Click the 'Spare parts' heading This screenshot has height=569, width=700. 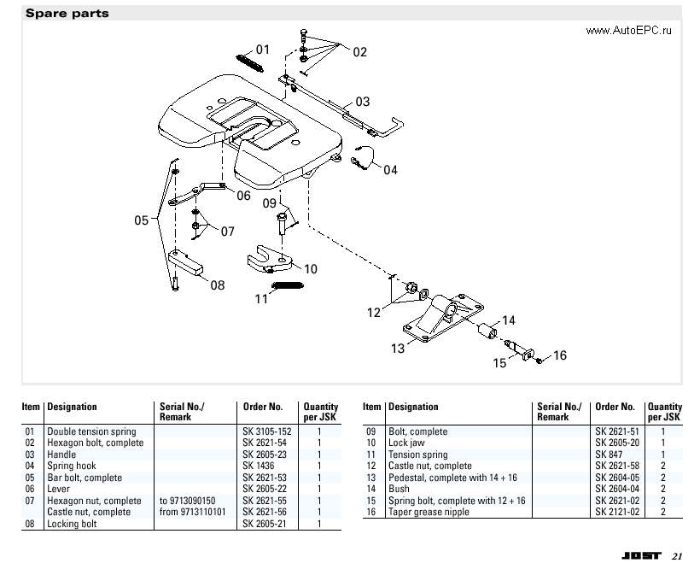[x=67, y=13]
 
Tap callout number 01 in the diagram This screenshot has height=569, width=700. [x=263, y=50]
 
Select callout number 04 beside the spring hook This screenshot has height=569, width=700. [x=389, y=170]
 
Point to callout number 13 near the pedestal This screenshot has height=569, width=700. [x=398, y=348]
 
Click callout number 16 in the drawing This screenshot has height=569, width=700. [x=560, y=355]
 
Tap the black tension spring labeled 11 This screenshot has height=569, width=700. [x=288, y=285]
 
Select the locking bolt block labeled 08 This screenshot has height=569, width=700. [x=189, y=261]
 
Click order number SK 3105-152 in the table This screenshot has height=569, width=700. [x=266, y=431]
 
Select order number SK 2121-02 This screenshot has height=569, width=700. [x=617, y=512]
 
